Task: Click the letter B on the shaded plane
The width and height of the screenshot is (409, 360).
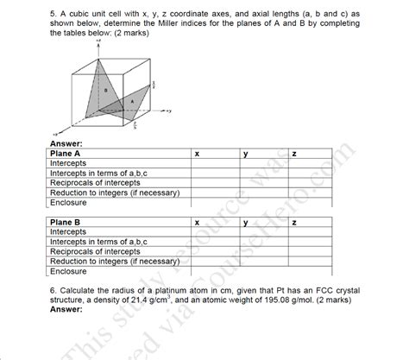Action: (105, 89)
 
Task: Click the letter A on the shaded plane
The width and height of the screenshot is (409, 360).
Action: (131, 101)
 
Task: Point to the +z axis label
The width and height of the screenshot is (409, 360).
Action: (99, 41)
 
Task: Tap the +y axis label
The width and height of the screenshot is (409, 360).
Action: (171, 111)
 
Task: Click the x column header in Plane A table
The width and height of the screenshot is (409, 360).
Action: (197, 154)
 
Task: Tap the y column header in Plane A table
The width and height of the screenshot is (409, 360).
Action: (246, 154)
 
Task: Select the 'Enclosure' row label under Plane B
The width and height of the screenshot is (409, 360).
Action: (68, 271)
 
